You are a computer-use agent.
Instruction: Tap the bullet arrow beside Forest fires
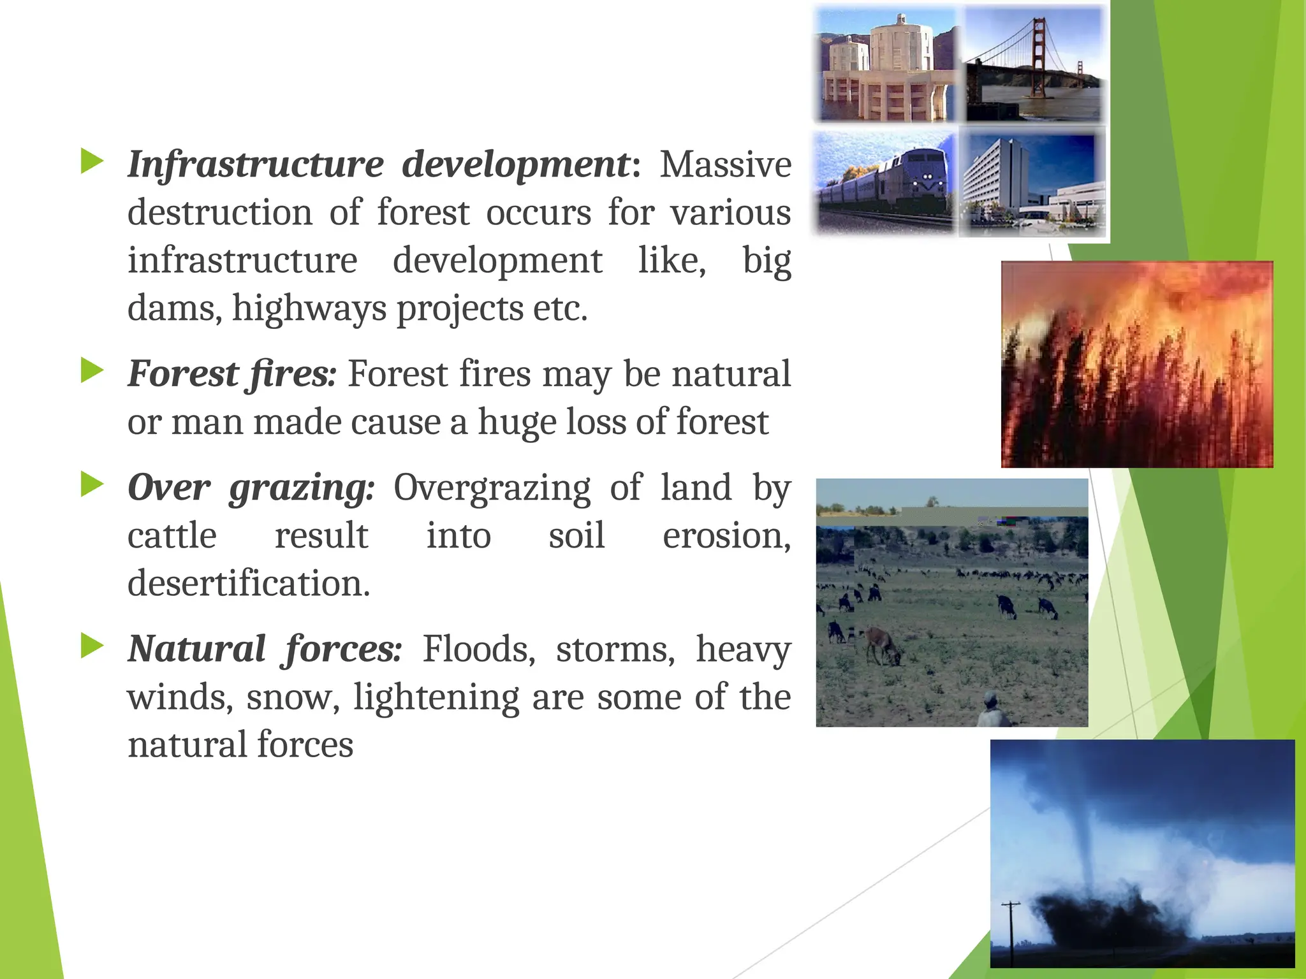[x=92, y=371]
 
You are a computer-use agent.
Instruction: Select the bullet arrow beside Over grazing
[x=92, y=485]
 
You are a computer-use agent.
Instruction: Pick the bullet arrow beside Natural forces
[x=92, y=646]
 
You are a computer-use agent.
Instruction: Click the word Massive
[x=725, y=164]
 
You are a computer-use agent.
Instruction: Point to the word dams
[x=170, y=308]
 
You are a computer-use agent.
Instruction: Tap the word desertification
[x=249, y=583]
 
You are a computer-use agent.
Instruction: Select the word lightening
[x=436, y=697]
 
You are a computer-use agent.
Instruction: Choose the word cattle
[x=172, y=535]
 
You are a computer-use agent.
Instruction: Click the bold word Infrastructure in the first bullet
[x=255, y=164]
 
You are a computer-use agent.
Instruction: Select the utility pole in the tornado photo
[x=1011, y=931]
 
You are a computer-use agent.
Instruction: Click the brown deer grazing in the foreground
[x=883, y=644]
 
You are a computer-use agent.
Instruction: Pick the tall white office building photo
[x=1033, y=182]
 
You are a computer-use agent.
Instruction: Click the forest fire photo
[x=1137, y=364]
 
